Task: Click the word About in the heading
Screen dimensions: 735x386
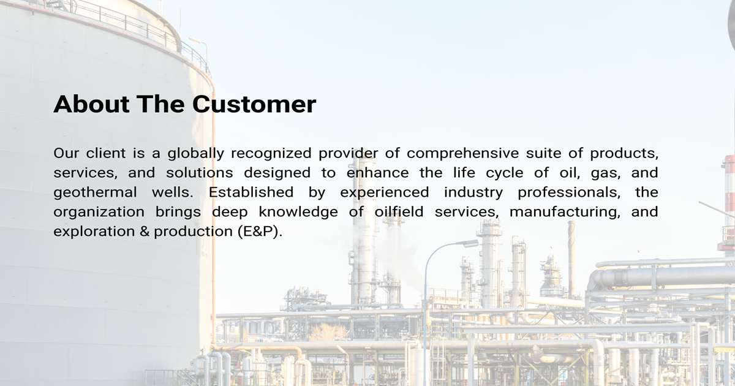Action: point(91,104)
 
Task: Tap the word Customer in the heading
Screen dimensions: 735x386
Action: point(254,104)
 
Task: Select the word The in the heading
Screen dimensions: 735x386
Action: point(160,104)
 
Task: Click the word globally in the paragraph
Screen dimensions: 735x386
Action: point(196,154)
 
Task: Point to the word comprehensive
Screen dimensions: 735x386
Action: point(462,154)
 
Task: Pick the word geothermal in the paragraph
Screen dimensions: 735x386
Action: point(95,192)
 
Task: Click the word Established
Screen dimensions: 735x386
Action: point(251,192)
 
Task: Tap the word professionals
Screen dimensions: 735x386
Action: point(569,192)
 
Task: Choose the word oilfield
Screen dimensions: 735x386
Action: point(399,212)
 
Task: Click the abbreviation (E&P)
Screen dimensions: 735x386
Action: point(260,232)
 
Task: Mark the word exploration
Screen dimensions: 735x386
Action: point(94,232)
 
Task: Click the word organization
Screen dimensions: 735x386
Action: point(99,213)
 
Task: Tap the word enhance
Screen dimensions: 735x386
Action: point(378,173)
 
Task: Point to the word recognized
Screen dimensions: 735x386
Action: point(271,154)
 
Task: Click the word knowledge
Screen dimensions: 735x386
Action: point(298,213)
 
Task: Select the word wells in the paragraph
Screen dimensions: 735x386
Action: point(173,192)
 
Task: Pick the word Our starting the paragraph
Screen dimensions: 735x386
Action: point(67,153)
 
